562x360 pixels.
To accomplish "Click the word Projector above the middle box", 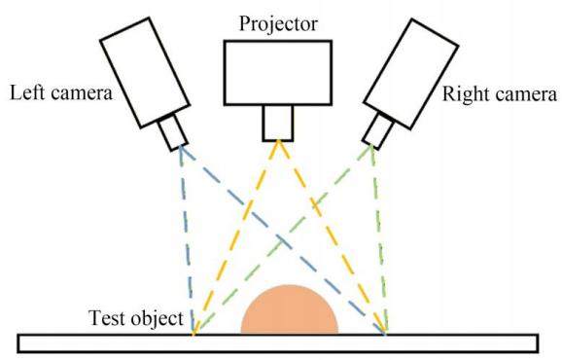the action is tap(278, 24).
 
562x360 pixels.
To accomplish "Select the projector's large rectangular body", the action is tap(278, 73).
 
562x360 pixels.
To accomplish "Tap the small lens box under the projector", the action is tap(278, 123).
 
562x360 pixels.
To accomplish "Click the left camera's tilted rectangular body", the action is tap(145, 72).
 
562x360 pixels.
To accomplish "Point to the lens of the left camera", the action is tap(173, 132).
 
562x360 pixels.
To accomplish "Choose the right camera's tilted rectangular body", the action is tap(411, 74).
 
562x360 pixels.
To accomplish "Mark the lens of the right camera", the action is tap(378, 130).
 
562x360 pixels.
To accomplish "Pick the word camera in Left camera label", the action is tap(82, 93).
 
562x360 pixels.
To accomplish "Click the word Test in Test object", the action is tap(106, 318).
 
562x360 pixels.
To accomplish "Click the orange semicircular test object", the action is tap(290, 309).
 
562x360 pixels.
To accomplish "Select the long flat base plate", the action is tap(278, 343).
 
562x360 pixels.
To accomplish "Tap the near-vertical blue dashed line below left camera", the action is tap(187, 239).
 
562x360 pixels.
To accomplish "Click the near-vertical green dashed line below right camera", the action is tap(379, 239).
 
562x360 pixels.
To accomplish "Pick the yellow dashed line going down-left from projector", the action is tap(235, 237).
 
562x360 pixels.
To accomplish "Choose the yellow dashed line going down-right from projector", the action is tap(332, 237).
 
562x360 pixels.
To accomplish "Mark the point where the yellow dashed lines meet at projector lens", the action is tap(278, 141).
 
